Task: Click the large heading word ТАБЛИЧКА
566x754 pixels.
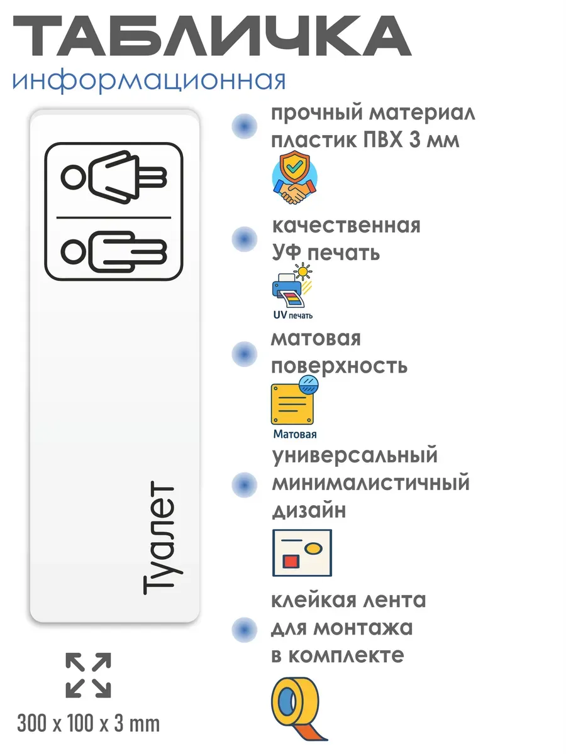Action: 211,38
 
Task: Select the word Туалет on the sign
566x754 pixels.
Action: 158,540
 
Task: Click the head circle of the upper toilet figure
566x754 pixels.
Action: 72,177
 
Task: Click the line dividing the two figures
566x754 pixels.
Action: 114,217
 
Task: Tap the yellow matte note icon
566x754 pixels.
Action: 294,402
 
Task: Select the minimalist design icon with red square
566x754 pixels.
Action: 302,552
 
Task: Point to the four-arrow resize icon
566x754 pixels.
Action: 89,675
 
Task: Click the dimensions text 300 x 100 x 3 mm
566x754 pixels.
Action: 89,724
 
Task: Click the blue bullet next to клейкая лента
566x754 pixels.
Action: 244,628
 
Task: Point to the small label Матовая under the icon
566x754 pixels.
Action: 295,434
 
